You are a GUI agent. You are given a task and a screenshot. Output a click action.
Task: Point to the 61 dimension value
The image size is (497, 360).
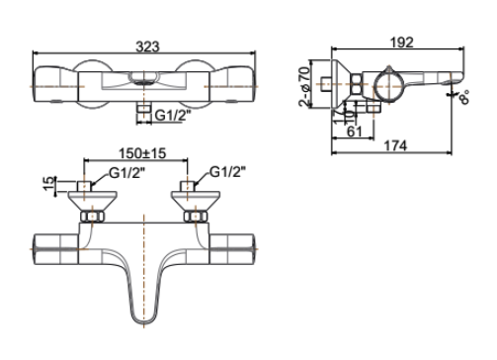click(x=353, y=130)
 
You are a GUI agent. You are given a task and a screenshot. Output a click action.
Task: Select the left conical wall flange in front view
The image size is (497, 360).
click(x=91, y=202)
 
